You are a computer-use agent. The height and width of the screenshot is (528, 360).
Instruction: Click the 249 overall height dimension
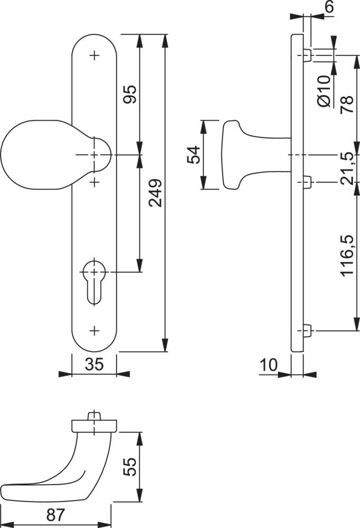click(156, 193)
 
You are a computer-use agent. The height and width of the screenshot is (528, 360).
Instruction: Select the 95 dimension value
click(130, 95)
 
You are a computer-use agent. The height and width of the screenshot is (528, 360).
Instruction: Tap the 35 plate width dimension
click(94, 364)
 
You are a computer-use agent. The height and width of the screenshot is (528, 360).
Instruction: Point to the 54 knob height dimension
click(194, 155)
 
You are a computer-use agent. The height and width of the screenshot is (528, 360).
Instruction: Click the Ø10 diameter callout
click(324, 91)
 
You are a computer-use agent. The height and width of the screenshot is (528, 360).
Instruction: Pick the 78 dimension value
click(347, 105)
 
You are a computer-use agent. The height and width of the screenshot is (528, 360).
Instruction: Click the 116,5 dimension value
click(347, 256)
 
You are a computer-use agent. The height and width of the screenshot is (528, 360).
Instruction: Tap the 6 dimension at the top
click(329, 7)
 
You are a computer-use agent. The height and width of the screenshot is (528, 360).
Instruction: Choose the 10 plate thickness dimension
click(268, 365)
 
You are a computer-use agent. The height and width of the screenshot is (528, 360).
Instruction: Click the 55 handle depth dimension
click(130, 467)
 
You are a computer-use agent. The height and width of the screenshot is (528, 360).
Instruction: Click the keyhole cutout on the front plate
click(93, 282)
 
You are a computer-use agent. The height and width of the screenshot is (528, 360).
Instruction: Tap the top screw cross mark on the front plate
click(94, 55)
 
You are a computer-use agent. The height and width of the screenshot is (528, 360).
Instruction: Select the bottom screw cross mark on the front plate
click(94, 331)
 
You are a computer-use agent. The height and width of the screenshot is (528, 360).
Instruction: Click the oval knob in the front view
click(56, 155)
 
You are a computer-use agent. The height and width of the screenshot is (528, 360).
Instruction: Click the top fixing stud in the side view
click(307, 55)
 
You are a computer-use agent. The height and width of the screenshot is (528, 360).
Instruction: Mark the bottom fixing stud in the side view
click(307, 331)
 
